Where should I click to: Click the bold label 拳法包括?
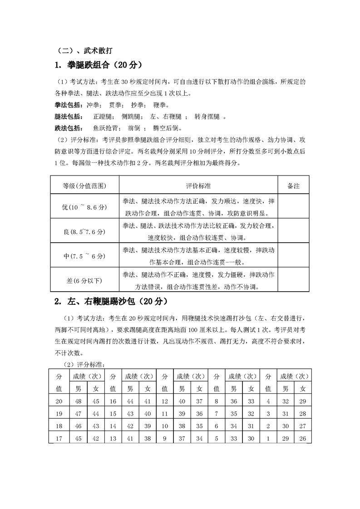coord(68,105)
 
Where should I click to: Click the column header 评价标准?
coord(198,186)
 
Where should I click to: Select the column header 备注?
coord(294,186)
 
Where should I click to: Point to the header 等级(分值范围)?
coord(84,186)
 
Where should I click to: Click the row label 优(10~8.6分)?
coord(84,206)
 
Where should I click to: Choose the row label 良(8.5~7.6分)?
coord(84,231)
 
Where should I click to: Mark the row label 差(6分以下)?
coord(84,281)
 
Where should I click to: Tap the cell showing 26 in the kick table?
coord(302,438)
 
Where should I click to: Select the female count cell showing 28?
coord(302,414)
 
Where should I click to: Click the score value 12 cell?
coord(165,401)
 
